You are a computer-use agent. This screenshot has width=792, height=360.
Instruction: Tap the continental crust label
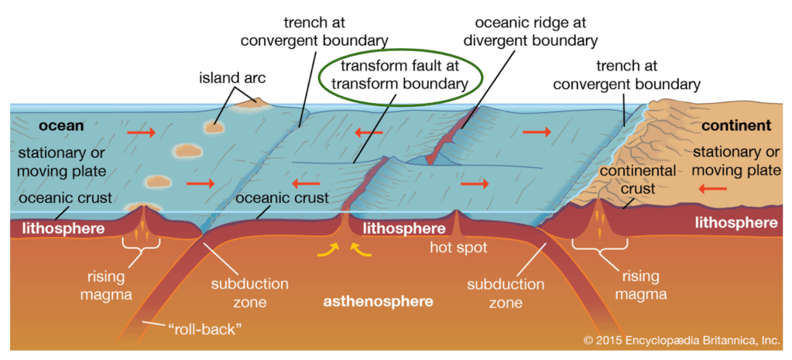[637, 179]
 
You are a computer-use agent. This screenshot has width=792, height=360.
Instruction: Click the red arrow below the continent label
[712, 187]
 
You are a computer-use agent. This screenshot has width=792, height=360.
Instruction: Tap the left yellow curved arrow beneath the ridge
[331, 249]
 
